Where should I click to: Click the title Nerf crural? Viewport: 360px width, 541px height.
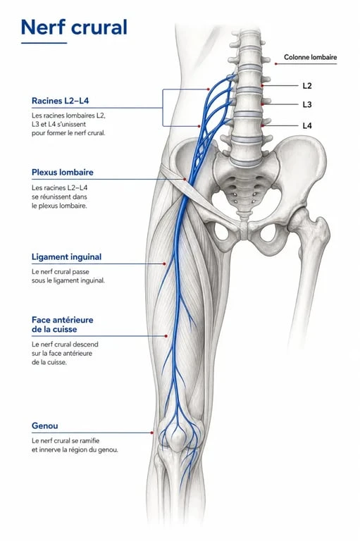[x=74, y=27]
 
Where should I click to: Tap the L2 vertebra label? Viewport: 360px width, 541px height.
[x=307, y=85]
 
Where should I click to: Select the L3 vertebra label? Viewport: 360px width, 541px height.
[x=307, y=104]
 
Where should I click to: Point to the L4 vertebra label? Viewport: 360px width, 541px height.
[x=307, y=125]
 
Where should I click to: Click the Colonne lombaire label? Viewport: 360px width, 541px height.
[x=310, y=57]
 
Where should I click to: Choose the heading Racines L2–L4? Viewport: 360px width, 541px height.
[x=61, y=101]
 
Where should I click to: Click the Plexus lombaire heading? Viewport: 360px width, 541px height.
[x=63, y=172]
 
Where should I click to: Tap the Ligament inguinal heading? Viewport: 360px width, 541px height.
[x=67, y=257]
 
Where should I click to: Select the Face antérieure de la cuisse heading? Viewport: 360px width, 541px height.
[x=63, y=324]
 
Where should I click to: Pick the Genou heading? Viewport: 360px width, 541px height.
[x=45, y=425]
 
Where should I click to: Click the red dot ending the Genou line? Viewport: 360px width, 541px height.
[x=152, y=433]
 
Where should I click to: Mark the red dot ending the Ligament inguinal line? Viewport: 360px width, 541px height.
[x=164, y=264]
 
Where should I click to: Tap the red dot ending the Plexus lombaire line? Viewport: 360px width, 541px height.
[x=185, y=180]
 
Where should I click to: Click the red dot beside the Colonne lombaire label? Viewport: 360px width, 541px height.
[x=275, y=64]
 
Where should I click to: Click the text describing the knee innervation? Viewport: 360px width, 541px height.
[x=75, y=445]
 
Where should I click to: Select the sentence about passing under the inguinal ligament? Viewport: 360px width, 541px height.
[x=68, y=276]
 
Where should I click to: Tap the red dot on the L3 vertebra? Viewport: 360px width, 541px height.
[x=263, y=104]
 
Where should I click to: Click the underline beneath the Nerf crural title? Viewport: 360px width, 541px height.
[x=44, y=43]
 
